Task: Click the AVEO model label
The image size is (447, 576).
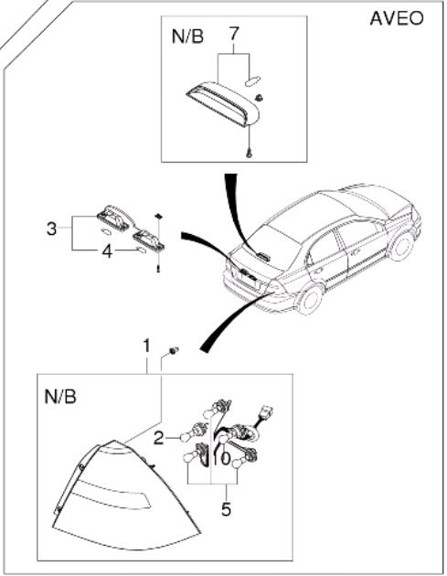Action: [397, 18]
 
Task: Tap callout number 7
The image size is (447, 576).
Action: [234, 34]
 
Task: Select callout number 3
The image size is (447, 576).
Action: [52, 229]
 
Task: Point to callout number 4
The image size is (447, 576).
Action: [107, 251]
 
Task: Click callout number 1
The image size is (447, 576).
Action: [146, 346]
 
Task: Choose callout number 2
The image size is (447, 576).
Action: [158, 438]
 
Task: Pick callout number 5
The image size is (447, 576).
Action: [226, 509]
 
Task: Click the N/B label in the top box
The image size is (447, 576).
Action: [187, 37]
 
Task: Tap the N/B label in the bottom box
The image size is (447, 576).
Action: [60, 397]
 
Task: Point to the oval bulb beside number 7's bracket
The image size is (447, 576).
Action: [252, 80]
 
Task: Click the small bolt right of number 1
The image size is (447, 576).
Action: [174, 351]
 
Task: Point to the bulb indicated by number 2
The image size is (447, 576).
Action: [185, 438]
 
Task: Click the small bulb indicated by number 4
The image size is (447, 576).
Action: [141, 251]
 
